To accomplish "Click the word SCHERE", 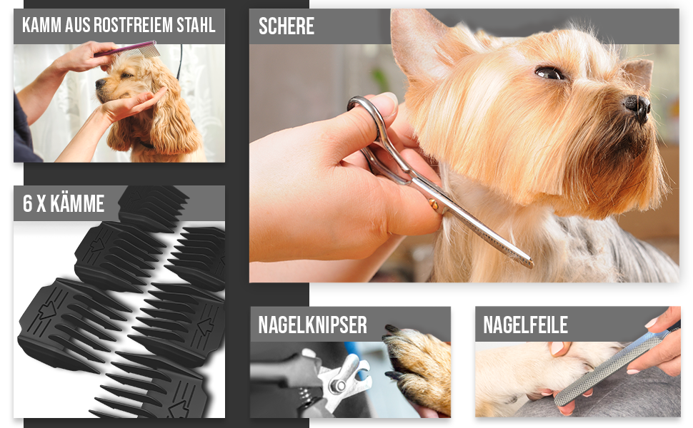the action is [286, 26].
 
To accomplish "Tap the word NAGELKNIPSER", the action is [312, 325].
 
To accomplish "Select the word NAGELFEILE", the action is [526, 325].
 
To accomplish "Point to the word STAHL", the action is [196, 25].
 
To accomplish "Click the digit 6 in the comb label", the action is [28, 203].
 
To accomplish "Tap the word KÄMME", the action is [77, 203].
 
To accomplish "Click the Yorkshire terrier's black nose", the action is [638, 106].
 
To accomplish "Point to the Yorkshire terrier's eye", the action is [549, 73].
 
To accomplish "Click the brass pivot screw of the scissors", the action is [434, 203].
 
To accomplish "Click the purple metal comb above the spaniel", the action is [127, 49].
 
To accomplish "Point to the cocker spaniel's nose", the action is [98, 83].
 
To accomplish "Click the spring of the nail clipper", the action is [304, 396].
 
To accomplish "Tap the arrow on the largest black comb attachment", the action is [46, 310].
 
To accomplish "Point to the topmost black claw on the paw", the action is [392, 329].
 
